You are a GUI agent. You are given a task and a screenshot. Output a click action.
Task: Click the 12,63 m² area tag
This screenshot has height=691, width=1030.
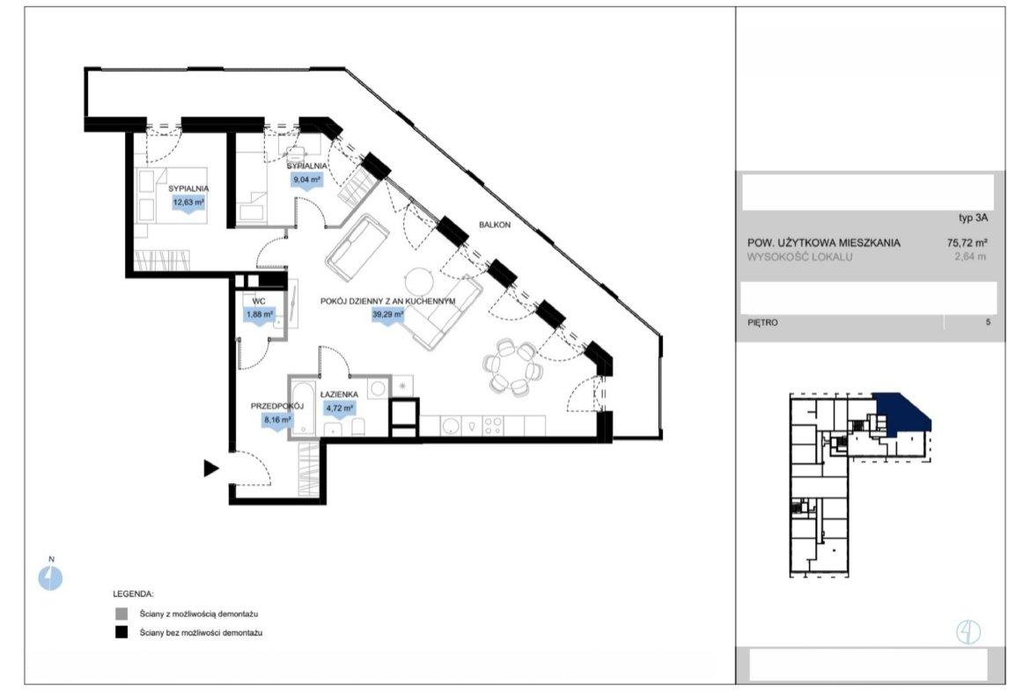pyautogui.click(x=188, y=203)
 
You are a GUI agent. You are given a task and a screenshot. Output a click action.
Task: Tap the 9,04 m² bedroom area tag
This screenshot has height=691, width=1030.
pyautogui.click(x=306, y=180)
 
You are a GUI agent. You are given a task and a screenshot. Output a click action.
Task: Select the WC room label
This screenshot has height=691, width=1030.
pyautogui.click(x=259, y=302)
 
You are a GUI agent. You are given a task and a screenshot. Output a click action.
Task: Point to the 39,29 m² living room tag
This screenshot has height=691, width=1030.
pyautogui.click(x=387, y=315)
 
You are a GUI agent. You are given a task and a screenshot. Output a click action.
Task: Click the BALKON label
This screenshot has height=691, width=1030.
pyautogui.click(x=495, y=224)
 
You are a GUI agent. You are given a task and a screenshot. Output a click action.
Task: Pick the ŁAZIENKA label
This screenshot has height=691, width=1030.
pyautogui.click(x=339, y=394)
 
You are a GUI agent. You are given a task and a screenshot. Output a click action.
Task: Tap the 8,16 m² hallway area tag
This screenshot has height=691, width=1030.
pyautogui.click(x=278, y=419)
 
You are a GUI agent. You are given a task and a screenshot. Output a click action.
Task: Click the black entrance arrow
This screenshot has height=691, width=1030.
pyautogui.click(x=211, y=468)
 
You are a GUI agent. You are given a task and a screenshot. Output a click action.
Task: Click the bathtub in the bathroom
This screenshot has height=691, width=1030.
pyautogui.click(x=303, y=408)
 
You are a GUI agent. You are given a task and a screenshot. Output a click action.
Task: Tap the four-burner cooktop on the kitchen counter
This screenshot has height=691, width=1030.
pyautogui.click(x=493, y=426)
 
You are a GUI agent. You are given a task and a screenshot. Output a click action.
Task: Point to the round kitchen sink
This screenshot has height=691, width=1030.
pyautogui.click(x=451, y=426)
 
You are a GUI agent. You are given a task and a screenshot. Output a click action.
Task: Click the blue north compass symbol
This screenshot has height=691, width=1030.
pyautogui.click(x=50, y=578)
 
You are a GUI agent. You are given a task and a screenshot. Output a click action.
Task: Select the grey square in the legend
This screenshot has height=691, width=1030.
pyautogui.click(x=121, y=614)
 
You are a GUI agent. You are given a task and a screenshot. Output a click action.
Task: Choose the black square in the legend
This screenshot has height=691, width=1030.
pyautogui.click(x=121, y=633)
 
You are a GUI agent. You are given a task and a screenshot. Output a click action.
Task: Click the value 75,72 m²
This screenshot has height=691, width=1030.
pyautogui.click(x=967, y=242)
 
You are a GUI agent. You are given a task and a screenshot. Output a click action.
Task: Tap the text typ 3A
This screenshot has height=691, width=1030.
pyautogui.click(x=973, y=218)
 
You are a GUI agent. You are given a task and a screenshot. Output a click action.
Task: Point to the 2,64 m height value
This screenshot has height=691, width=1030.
pyautogui.click(x=970, y=257)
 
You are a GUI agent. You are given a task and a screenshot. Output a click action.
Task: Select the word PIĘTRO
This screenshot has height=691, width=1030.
pyautogui.click(x=762, y=322)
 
